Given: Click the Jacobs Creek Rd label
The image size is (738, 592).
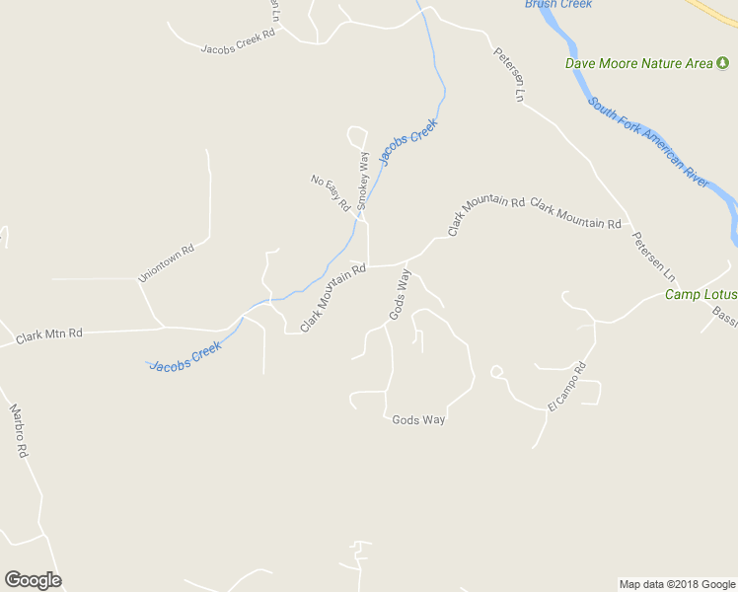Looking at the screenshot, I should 237,44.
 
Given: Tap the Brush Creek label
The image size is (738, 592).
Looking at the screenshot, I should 558,5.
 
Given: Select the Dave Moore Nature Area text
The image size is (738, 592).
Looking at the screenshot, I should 638,63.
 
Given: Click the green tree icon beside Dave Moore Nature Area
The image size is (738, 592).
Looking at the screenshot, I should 722,63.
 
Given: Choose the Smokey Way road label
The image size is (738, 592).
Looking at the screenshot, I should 364,180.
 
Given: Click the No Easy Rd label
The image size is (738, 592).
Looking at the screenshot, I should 332,193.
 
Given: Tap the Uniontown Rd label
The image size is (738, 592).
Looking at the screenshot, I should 167,264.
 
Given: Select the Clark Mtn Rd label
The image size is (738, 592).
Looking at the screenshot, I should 49,336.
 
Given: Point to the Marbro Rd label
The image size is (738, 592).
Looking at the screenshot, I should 18,430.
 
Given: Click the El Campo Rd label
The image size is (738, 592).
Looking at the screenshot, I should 567,388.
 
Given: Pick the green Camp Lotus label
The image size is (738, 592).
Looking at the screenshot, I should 701,294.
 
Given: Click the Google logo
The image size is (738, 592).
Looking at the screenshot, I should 33,580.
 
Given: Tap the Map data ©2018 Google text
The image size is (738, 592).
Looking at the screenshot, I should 676,584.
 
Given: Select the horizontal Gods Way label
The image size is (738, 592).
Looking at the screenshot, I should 418,419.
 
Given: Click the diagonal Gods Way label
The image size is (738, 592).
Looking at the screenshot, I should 399,295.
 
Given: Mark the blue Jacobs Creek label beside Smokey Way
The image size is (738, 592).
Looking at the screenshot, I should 407,144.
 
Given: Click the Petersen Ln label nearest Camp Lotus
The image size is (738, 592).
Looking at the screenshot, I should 654,255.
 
